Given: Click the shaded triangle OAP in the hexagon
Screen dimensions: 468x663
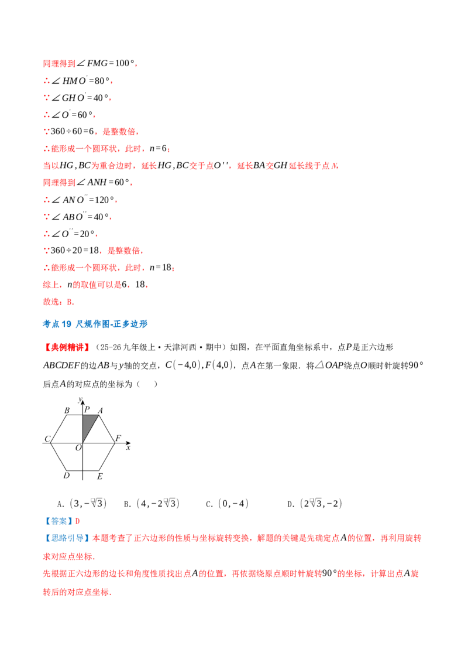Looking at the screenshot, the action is click(88, 424).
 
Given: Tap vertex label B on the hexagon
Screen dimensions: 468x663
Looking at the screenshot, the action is click(67, 410).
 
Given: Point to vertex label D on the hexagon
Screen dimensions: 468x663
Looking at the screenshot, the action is click(66, 476).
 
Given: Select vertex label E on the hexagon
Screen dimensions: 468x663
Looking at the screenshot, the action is click(99, 477).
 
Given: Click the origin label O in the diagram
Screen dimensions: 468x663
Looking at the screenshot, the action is click(78, 447).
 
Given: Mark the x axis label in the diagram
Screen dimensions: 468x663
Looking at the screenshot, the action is click(128, 447).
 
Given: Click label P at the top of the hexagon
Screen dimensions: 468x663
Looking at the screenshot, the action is click(87, 409).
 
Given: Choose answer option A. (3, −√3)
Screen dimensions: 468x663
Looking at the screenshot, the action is click(81, 503).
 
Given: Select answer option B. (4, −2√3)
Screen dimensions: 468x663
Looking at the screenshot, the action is click(152, 503).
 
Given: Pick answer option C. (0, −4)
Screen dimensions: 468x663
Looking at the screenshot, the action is click(227, 504).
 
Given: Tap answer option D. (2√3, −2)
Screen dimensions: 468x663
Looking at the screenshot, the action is click(314, 503).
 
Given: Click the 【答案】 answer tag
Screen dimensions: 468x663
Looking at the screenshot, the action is click(58, 521).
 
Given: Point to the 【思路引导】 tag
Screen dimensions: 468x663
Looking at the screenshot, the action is click(67, 538).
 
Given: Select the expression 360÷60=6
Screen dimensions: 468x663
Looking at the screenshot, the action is click(72, 132).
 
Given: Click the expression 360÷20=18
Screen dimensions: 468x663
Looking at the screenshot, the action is click(75, 250).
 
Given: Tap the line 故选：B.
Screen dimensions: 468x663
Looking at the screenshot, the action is click(58, 302).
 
